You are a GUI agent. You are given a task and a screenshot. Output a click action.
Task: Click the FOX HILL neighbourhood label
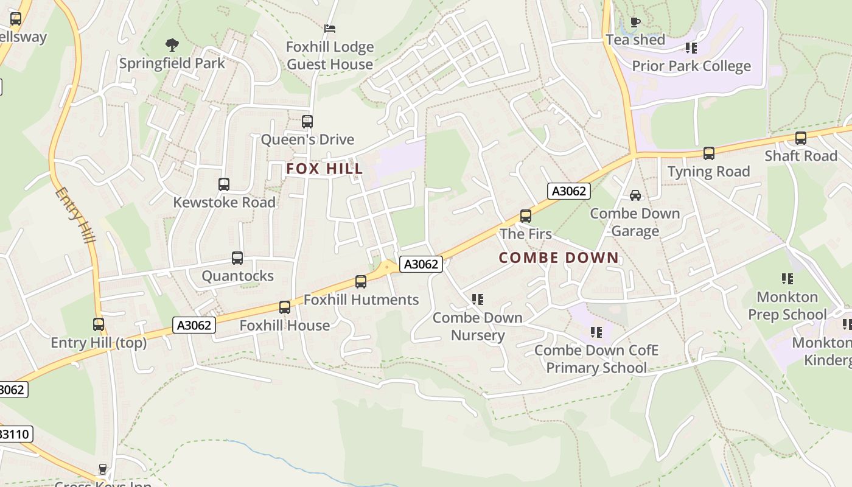click(x=324, y=169)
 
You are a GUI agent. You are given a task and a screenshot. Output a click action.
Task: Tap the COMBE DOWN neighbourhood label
click(x=559, y=258)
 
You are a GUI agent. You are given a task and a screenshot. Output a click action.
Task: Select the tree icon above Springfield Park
click(x=172, y=44)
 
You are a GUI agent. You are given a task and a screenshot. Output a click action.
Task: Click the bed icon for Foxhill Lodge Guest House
click(x=330, y=29)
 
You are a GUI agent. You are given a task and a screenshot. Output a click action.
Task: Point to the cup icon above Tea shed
click(x=635, y=23)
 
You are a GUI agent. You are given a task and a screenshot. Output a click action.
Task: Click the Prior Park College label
click(x=691, y=66)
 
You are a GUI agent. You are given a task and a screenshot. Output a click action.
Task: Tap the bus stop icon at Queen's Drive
click(x=307, y=122)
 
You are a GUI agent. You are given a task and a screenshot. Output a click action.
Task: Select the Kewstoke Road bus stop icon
click(x=224, y=184)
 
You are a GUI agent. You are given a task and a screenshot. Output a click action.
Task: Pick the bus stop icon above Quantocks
click(x=237, y=258)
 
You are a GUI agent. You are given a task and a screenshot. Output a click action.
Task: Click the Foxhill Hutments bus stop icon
click(x=361, y=282)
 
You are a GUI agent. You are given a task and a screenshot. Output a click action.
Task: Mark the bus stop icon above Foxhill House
click(x=284, y=307)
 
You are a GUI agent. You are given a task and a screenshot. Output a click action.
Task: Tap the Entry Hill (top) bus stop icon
click(x=99, y=324)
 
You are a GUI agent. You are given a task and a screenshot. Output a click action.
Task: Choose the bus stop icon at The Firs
click(x=525, y=216)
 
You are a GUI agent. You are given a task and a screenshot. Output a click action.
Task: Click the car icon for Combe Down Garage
click(x=635, y=195)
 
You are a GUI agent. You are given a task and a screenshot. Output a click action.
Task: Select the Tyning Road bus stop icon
click(x=708, y=153)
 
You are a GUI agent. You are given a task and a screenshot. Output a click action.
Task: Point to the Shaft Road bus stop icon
click(x=801, y=138)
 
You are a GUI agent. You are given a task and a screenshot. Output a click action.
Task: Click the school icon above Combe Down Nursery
click(x=478, y=300)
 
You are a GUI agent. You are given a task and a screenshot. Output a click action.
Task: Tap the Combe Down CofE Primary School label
click(x=596, y=359)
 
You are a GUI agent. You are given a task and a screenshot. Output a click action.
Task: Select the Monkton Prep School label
click(x=787, y=306)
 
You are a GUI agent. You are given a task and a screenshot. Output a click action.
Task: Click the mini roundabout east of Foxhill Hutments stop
click(x=387, y=266)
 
